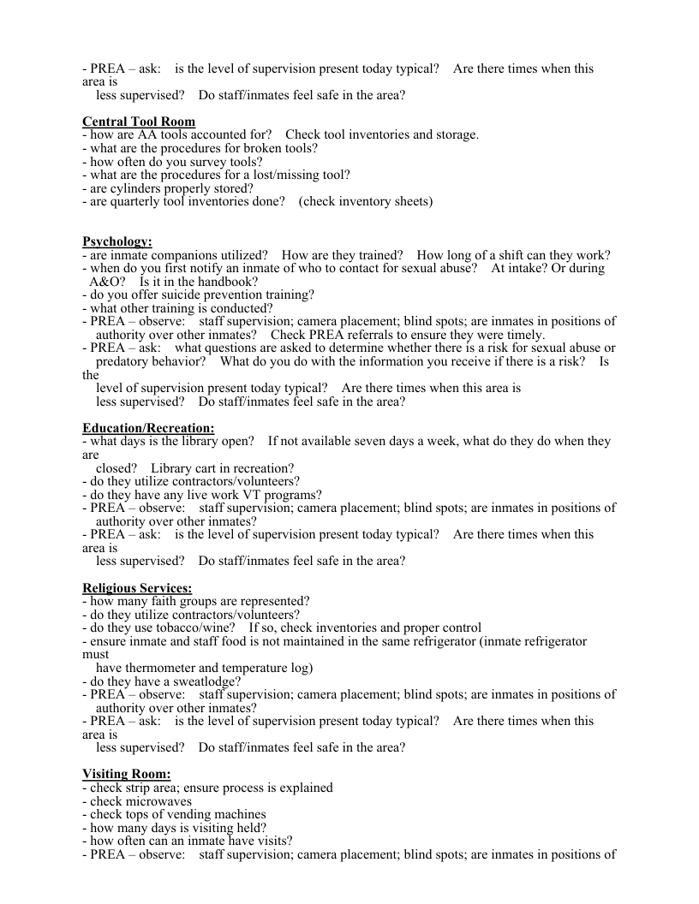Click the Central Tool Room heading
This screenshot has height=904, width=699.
pyautogui.click(x=139, y=122)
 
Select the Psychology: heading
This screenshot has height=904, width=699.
pyautogui.click(x=117, y=241)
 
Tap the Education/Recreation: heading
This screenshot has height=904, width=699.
pyautogui.click(x=148, y=428)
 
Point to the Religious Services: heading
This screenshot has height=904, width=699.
pyautogui.click(x=137, y=588)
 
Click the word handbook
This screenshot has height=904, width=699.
pyautogui.click(x=230, y=282)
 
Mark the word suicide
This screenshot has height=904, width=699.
pyautogui.click(x=175, y=295)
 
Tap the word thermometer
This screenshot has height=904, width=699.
pyautogui.click(x=158, y=669)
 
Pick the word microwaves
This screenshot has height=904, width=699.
pyautogui.click(x=158, y=801)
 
